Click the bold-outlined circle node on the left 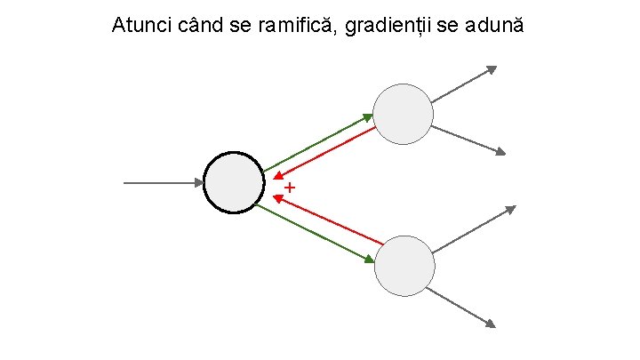(234, 182)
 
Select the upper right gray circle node (403, 114)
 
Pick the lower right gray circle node (404, 265)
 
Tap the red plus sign (290, 188)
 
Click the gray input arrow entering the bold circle (160, 183)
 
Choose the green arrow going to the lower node (311, 233)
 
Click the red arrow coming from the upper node (327, 153)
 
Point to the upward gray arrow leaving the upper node (464, 84)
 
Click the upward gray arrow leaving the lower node (474, 228)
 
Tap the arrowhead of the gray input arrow (199, 183)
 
